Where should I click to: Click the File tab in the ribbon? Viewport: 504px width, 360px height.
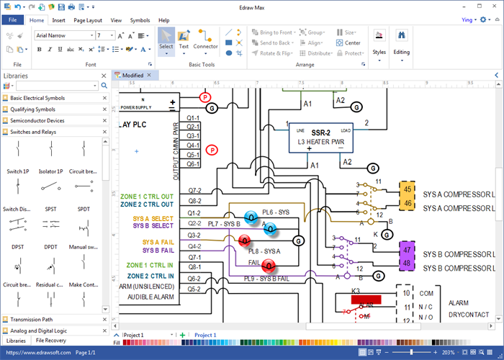tap(12, 20)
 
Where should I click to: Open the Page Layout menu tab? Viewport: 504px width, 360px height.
tap(87, 20)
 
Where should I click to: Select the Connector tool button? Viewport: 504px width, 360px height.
tap(206, 40)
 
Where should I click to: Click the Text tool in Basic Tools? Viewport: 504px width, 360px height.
tap(184, 40)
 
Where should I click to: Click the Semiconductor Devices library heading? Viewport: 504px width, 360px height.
tap(37, 120)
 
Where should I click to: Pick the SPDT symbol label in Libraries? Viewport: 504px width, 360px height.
tap(84, 209)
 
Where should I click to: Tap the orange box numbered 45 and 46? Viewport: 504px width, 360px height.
tap(407, 194)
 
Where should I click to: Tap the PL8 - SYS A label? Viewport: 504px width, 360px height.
tap(265, 250)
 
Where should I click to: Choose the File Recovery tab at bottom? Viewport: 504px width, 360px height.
tap(51, 340)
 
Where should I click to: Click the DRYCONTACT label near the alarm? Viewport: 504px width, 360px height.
tap(468, 315)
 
